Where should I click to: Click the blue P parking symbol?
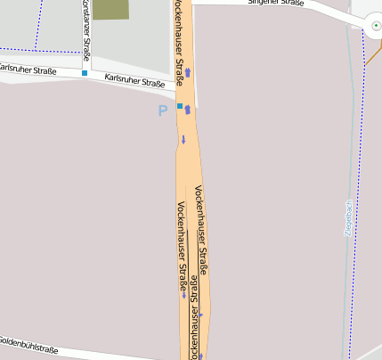pos(162,111)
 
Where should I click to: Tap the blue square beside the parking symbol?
pos(180,106)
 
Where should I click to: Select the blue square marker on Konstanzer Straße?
pos(85,73)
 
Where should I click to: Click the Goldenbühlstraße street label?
pos(28,345)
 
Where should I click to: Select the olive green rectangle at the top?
pos(110,10)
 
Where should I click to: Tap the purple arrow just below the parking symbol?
pos(183,139)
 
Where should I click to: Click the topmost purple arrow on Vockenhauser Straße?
pos(188,71)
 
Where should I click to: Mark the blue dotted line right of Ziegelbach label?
pos(362,223)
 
